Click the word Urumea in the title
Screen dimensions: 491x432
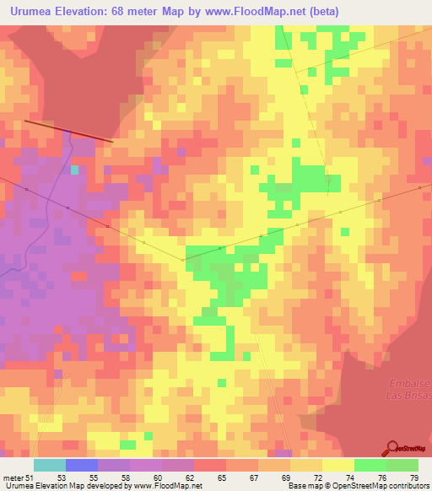click(30, 12)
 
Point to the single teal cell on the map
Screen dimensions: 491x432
click(75, 170)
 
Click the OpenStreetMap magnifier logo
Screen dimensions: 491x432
click(393, 450)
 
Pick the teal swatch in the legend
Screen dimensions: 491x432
click(50, 465)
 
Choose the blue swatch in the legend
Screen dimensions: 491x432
click(82, 465)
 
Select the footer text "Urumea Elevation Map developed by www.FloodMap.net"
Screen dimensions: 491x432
click(102, 486)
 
